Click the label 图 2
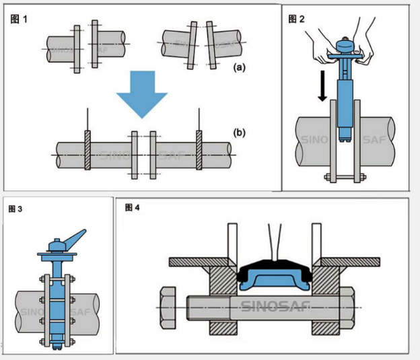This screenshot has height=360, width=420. (x=296, y=18)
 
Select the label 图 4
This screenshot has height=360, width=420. (x=132, y=207)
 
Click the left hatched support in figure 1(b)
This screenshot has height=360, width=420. (x=87, y=149)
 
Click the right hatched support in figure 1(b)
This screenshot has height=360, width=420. (x=199, y=149)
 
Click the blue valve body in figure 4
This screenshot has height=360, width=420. (x=274, y=278)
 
